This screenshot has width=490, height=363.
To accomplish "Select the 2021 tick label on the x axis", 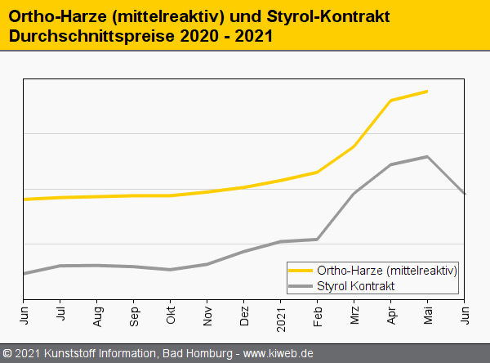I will point(281,315).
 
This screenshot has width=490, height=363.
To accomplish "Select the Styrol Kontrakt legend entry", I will point(355,285).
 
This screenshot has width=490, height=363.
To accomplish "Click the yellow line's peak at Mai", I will point(427,91).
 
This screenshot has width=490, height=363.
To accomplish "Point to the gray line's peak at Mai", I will point(427,156).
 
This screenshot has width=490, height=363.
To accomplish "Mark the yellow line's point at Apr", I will point(391,101).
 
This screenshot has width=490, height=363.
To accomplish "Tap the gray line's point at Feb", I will point(318,239).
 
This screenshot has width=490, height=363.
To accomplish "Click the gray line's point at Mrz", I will point(354,194).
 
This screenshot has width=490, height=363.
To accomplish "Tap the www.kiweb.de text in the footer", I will point(278,354).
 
